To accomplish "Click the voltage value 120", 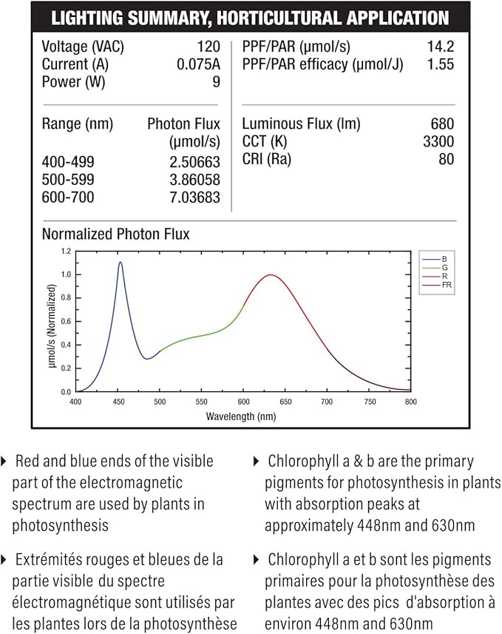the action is (208, 47).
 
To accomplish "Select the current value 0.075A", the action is (198, 64).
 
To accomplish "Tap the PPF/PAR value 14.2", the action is (441, 47).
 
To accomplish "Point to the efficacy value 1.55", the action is (441, 64).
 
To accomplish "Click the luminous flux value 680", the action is (443, 124).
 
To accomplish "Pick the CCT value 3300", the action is (438, 141).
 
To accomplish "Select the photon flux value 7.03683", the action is (195, 198).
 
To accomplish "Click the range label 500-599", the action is (68, 180).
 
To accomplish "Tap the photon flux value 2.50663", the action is (195, 162).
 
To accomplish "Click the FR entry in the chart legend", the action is (447, 285).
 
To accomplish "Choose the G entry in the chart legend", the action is (444, 268).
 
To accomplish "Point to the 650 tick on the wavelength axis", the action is (285, 402).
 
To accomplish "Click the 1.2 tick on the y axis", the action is (66, 251).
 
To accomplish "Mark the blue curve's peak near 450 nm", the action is (120, 263).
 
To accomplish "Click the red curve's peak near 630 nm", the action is (271, 275).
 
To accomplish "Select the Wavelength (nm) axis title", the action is (241, 417).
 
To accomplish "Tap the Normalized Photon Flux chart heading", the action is (115, 234).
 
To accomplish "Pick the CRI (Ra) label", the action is (266, 159).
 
